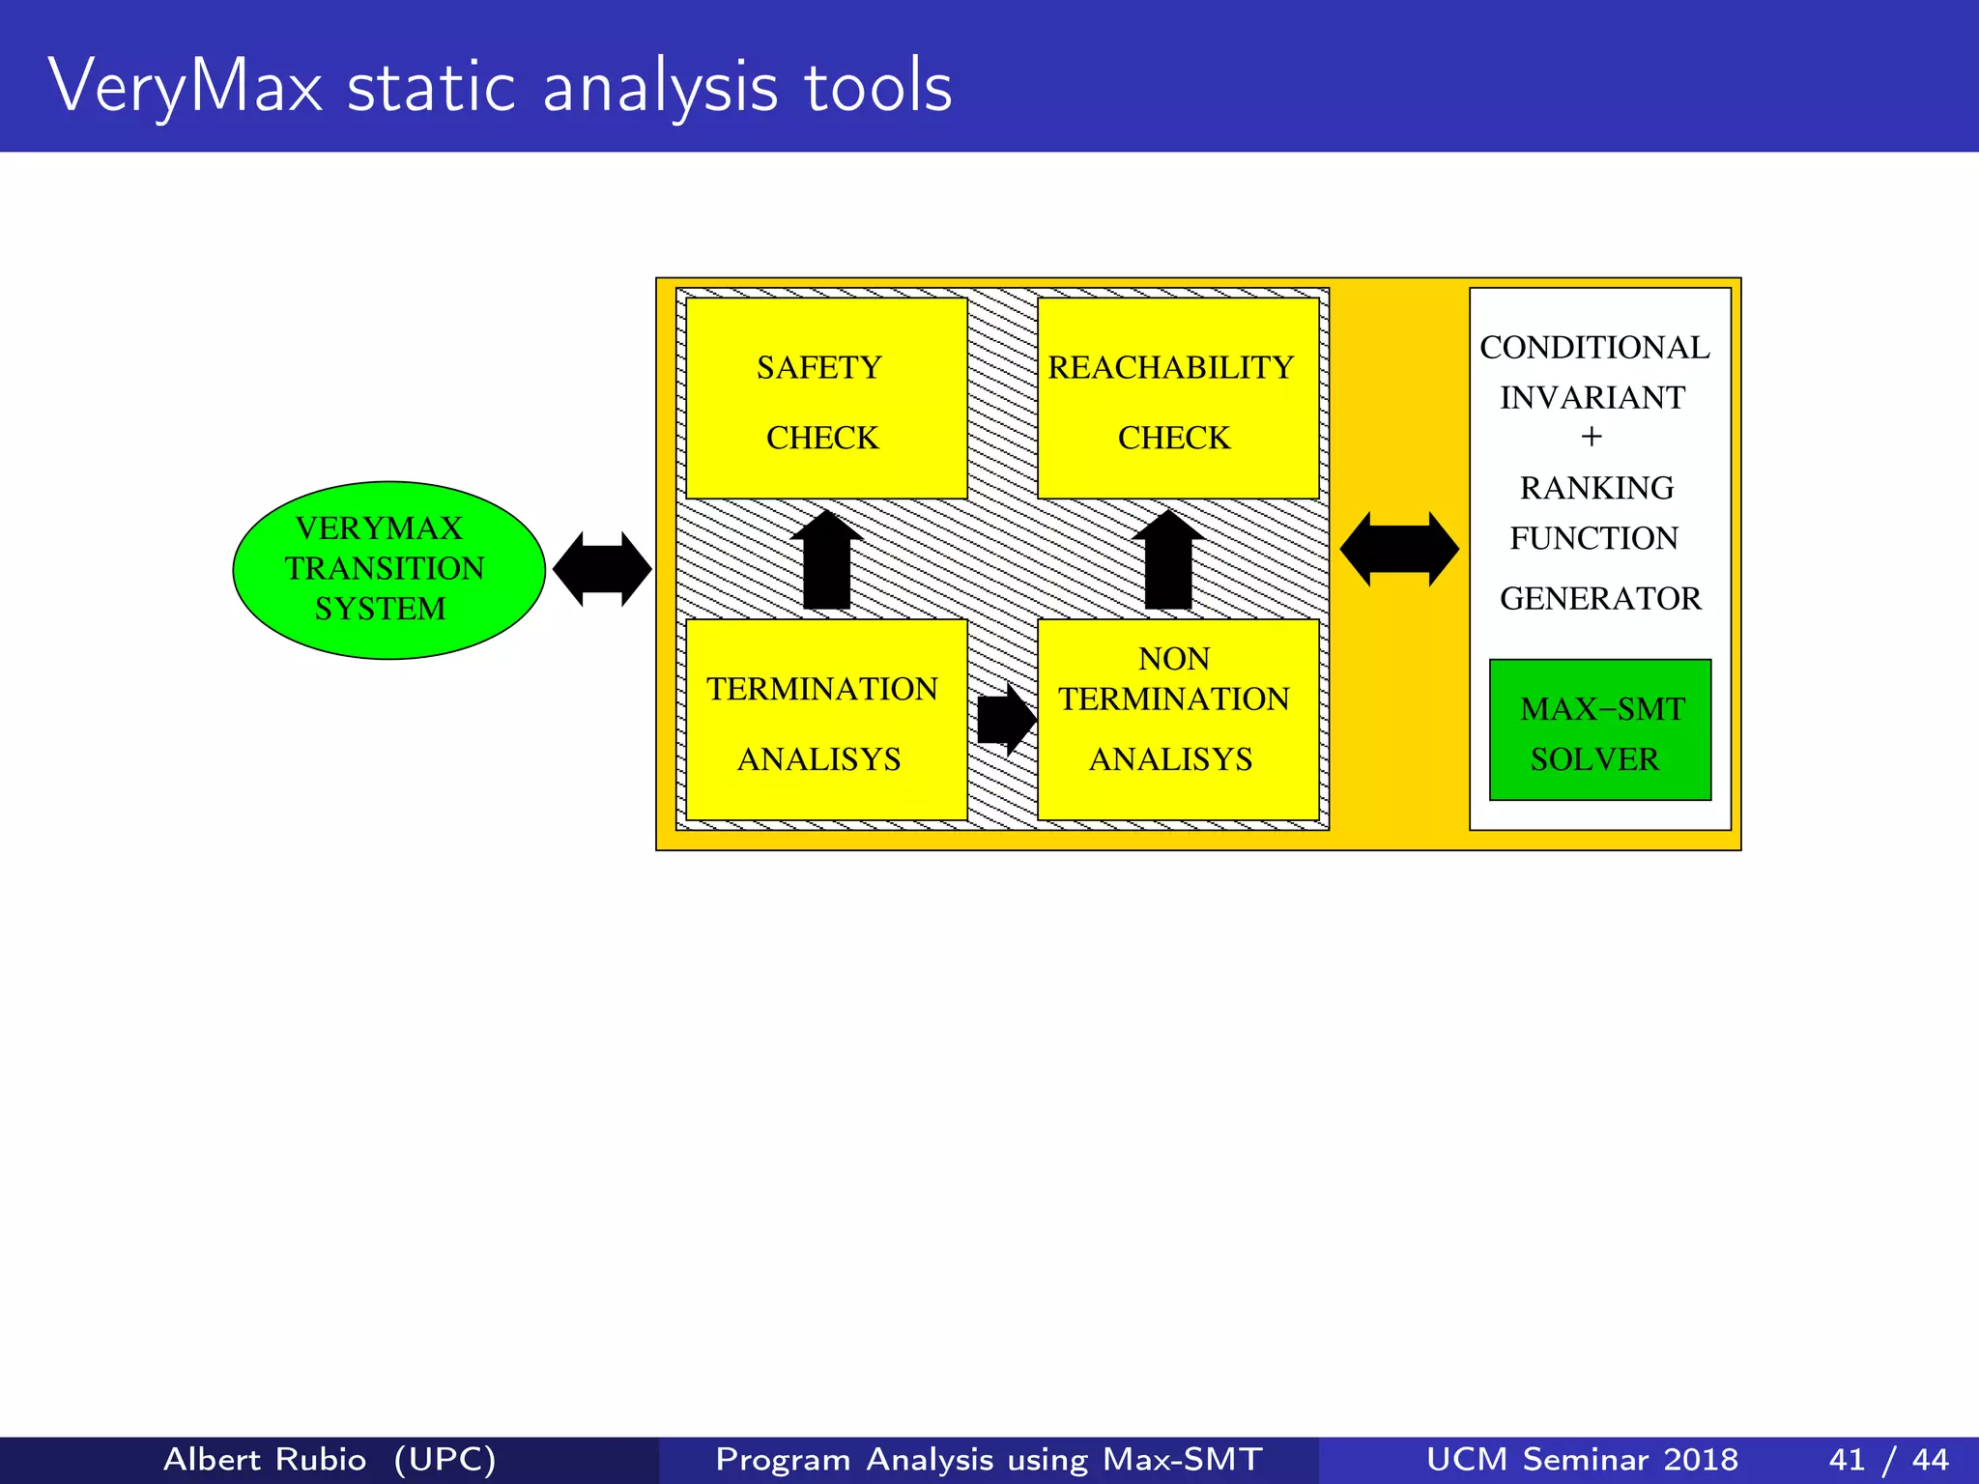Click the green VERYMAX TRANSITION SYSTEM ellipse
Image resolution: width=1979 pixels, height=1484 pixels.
388,570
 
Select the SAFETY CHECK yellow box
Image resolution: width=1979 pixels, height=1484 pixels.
826,398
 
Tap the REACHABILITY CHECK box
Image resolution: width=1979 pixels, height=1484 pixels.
1177,398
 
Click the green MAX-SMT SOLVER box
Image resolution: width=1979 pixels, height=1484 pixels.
1600,730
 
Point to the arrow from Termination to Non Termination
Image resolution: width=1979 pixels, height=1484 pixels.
1005,720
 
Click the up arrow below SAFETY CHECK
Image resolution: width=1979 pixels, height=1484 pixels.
826,560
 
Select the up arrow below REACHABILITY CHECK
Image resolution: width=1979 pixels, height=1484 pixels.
1168,560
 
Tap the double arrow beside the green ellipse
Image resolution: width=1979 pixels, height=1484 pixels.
602,569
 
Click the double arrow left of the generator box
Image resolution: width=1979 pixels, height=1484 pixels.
1399,549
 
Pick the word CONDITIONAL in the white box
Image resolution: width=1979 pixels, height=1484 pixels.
1594,348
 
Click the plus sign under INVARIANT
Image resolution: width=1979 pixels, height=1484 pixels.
1592,438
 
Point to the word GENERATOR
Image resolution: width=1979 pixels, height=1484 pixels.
1600,599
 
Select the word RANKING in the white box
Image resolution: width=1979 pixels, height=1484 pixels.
1596,488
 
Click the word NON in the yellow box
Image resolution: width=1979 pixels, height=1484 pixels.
1174,659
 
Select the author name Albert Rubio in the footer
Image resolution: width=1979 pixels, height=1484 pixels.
265,1459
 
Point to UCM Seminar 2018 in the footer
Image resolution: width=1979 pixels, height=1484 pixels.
1582,1459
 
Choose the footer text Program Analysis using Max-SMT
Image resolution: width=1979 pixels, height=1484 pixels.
989,1459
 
